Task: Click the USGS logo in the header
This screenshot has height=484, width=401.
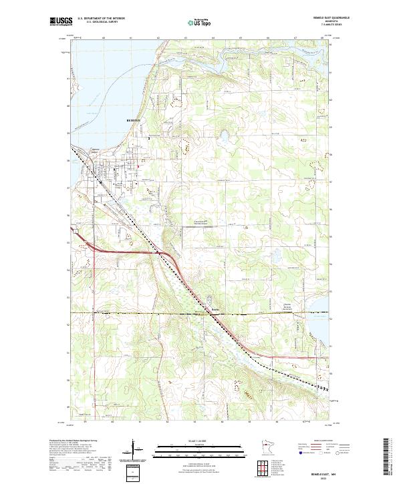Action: [61, 21]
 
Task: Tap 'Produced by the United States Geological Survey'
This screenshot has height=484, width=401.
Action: [74, 441]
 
